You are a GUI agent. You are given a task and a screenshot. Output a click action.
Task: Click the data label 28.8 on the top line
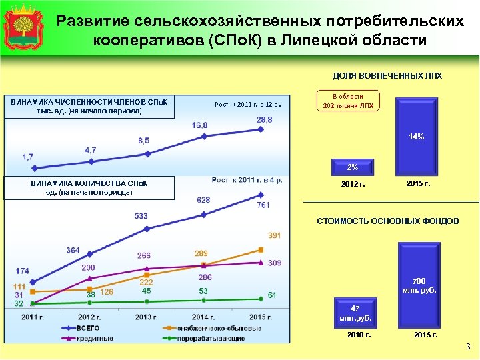point(264,119)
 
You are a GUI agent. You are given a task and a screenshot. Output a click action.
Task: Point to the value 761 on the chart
point(263,205)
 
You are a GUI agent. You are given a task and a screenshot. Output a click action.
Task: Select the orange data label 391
point(274,236)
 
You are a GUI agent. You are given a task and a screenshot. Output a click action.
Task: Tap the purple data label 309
point(274,263)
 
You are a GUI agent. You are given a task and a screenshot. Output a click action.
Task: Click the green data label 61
point(272,295)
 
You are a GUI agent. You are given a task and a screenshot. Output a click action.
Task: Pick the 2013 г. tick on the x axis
point(146,317)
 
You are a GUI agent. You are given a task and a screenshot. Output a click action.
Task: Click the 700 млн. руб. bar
point(419,284)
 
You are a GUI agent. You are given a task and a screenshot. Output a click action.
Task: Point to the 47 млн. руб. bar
point(354,313)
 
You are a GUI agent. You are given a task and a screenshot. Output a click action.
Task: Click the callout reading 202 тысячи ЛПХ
point(348,101)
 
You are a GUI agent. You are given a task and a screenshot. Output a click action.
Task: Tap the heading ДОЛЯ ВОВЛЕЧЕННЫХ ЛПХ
point(387,76)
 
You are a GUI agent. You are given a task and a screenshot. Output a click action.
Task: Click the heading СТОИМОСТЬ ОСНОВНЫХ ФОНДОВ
point(387,221)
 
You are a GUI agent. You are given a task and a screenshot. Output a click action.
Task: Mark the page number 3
point(468,347)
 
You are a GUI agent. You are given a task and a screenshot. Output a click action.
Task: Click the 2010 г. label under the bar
point(359,334)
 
